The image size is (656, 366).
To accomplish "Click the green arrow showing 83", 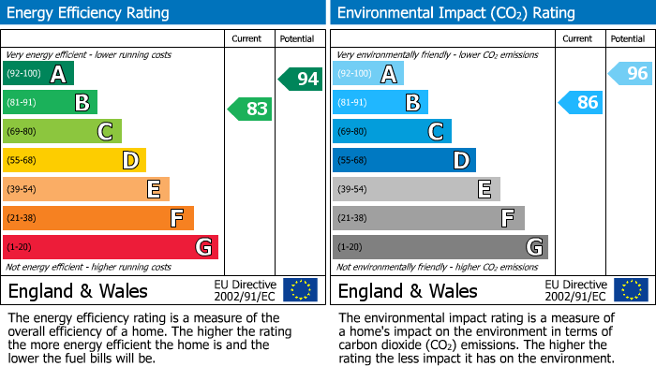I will click(250, 110).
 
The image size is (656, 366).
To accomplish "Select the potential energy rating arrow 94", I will click(301, 79).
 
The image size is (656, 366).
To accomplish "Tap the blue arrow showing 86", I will click(580, 102).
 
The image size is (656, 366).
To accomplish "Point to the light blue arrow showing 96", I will click(631, 73).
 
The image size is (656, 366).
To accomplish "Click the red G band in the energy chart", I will click(110, 247).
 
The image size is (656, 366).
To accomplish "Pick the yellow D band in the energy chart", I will click(74, 160).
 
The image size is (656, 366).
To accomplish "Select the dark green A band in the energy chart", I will click(38, 73).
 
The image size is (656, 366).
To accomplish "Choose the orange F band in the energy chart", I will click(97, 218).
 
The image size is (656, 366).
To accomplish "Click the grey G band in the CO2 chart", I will click(440, 247).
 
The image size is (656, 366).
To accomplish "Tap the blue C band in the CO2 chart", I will click(392, 131).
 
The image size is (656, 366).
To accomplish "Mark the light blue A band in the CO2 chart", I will click(368, 73).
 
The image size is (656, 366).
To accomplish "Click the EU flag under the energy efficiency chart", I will click(300, 289).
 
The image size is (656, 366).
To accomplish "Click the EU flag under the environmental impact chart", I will click(630, 289).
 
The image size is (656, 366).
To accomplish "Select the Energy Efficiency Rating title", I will click(89, 13).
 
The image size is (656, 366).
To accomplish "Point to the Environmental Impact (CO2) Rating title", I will click(455, 13).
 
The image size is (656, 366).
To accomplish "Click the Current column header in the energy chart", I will click(248, 38).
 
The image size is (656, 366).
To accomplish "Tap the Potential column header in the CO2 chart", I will click(628, 38).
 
